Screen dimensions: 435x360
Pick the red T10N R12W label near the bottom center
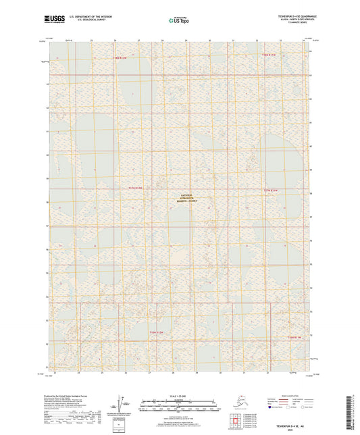pyautogui.click(x=156, y=332)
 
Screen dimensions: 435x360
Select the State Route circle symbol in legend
pyautogui.click(x=309, y=408)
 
